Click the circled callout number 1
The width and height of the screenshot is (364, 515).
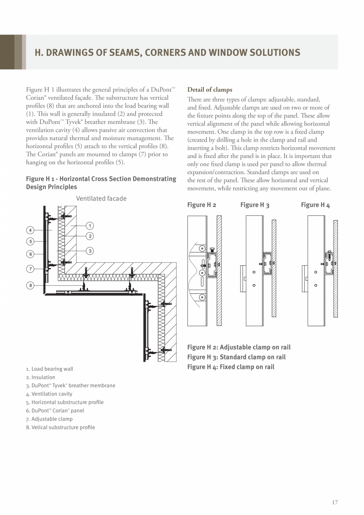tap(90, 226)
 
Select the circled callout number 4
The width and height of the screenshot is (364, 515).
tap(30, 230)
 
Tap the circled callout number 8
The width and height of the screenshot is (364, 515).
tap(30, 285)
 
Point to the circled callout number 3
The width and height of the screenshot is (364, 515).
tap(90, 251)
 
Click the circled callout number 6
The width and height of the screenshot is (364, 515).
tap(30, 254)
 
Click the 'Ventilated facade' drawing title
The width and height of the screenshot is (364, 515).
tap(101, 198)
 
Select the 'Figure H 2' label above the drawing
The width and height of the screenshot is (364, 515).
tap(202, 205)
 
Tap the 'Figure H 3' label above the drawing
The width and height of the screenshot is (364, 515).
tap(255, 205)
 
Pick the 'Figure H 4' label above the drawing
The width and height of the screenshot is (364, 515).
tap(315, 205)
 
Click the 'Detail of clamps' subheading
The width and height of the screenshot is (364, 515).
tap(210, 90)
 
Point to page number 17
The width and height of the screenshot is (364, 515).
tap(335, 503)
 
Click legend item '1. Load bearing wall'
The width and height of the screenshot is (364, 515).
tap(49, 369)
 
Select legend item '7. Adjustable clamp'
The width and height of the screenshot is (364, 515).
tap(49, 419)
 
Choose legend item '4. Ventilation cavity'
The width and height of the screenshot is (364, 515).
tap(49, 394)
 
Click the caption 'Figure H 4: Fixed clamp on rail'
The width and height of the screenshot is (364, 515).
tap(231, 367)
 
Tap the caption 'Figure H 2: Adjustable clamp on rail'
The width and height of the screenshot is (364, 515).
tap(239, 347)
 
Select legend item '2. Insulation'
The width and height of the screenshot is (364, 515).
tap(41, 377)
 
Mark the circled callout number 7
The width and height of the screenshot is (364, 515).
tap(30, 269)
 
